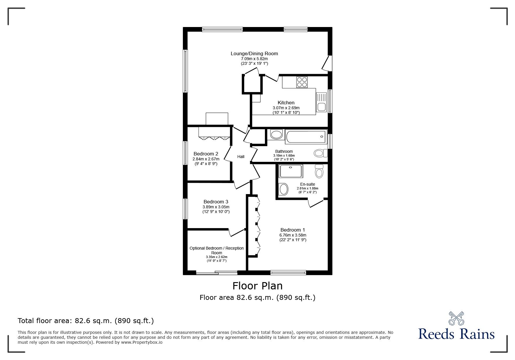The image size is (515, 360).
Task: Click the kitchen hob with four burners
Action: [x=302, y=82]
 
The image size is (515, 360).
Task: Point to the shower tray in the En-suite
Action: [x=291, y=171]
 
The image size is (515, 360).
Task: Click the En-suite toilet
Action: [x=319, y=171]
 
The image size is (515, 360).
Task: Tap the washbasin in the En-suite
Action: [x=283, y=189]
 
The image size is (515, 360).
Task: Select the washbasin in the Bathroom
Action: [x=276, y=135]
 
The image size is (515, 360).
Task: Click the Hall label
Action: [x=240, y=157]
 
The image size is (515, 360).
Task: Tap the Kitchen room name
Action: [x=286, y=103]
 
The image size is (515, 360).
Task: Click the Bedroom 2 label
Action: [x=206, y=154]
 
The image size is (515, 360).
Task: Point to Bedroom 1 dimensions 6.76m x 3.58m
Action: [x=293, y=235]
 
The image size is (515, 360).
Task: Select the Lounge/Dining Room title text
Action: [x=254, y=53]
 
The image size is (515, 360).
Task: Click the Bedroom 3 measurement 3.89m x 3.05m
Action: [x=216, y=207]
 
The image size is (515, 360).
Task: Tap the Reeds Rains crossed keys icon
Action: [x=456, y=318]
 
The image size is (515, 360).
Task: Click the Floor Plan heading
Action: [x=257, y=286]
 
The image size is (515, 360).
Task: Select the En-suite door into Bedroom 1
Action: [x=316, y=203]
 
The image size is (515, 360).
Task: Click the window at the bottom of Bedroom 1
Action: [x=288, y=272]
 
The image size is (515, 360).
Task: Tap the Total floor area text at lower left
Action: [x=86, y=321]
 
